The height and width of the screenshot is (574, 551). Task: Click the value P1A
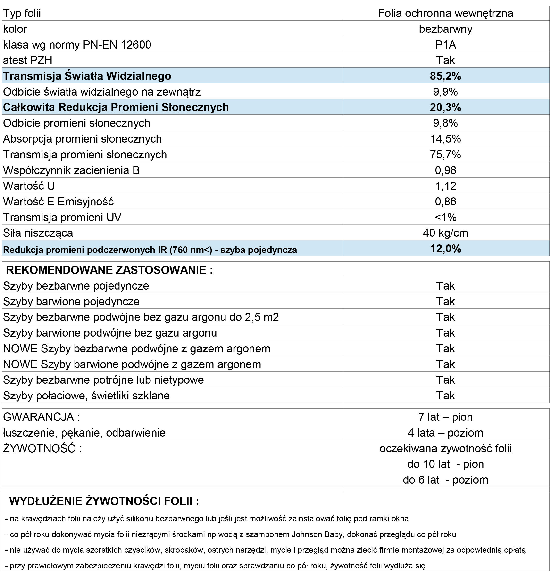pos(445,45)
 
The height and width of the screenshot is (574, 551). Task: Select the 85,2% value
pos(445,76)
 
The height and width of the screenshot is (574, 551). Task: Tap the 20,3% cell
pos(445,107)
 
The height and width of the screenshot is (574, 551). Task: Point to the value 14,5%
pos(445,138)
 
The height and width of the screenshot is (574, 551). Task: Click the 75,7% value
pos(445,154)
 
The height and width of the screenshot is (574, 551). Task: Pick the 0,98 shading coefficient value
pos(445,170)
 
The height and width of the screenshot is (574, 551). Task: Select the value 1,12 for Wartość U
pos(445,186)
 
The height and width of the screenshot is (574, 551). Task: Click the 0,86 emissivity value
pos(445,202)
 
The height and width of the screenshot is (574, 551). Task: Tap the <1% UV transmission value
pos(445,217)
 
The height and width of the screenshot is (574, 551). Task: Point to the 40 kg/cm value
pos(445,233)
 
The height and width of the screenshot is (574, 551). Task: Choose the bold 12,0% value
pos(445,249)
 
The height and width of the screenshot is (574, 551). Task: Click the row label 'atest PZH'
pos(28,60)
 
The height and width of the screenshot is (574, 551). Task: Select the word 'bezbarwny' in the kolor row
pos(445,29)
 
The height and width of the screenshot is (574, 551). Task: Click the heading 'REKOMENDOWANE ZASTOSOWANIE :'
pos(109,270)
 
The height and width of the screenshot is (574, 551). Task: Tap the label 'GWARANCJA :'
pos(41,417)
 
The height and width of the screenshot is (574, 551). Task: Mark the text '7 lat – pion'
pos(445,417)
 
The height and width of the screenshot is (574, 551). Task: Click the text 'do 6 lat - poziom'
pos(445,480)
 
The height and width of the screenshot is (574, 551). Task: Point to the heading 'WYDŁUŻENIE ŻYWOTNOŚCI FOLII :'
pos(104,501)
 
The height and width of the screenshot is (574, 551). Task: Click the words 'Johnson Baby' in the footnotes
pos(317,534)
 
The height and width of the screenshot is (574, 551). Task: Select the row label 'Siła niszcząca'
pos(38,233)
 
